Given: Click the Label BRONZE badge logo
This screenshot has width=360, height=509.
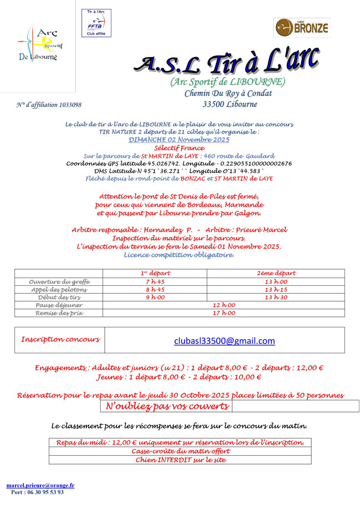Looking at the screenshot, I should (302, 27).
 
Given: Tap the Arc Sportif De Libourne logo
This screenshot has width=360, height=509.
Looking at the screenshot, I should (38, 44).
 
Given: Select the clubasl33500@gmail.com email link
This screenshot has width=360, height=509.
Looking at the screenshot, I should (224, 341).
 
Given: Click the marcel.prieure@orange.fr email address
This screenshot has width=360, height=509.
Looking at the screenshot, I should (40, 486).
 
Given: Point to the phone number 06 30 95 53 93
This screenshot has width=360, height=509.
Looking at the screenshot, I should (37, 492).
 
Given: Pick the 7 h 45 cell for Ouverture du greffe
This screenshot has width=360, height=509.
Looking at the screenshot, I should (155, 281).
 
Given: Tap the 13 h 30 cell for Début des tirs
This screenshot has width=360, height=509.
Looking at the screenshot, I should (276, 297).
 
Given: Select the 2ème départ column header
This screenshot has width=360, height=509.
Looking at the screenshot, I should (276, 273).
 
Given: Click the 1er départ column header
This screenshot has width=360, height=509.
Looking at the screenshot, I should (155, 273).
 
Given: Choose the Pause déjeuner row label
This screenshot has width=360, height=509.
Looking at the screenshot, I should (59, 305).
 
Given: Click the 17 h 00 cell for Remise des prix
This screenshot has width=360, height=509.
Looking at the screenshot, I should (224, 312).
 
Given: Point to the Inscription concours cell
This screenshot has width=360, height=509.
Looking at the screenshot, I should (60, 339).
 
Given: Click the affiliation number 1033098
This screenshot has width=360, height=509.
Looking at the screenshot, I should (49, 105).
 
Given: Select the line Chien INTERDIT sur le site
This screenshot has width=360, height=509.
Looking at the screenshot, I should (180, 460).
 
